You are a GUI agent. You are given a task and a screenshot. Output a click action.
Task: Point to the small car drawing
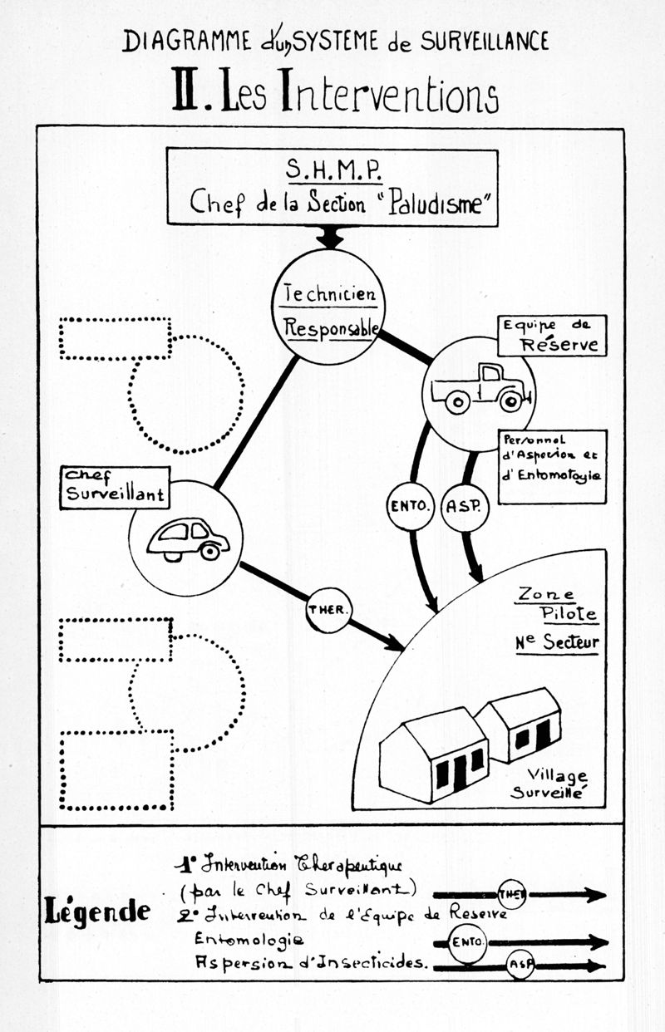click(x=188, y=539)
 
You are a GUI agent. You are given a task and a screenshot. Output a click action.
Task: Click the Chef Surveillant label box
click(x=115, y=487)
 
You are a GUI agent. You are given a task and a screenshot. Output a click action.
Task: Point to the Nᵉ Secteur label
click(x=557, y=642)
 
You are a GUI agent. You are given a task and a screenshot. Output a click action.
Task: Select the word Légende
click(x=96, y=912)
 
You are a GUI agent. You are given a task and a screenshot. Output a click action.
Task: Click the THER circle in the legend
click(x=510, y=894)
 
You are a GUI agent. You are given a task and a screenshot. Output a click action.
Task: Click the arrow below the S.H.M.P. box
click(x=330, y=237)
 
